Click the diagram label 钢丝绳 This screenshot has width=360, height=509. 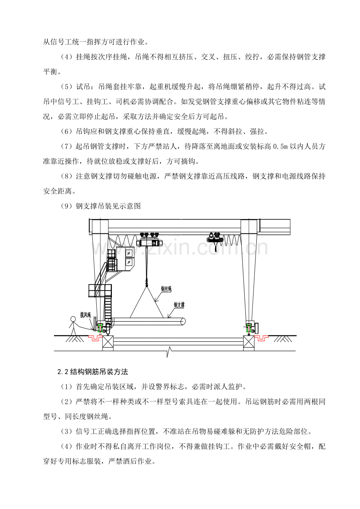166,289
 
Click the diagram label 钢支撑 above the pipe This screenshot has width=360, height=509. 179,305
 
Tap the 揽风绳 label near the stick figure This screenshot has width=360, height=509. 86,315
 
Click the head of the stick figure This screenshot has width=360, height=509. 73,319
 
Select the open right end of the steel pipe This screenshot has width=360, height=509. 183,321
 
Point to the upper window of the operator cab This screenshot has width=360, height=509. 129,253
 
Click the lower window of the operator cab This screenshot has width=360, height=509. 129,262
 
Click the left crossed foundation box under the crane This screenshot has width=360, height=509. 108,343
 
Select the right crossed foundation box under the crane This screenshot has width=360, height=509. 249,343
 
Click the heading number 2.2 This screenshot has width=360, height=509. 63,372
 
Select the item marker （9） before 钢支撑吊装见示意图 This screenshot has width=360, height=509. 67,206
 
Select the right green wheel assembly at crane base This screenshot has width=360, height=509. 248,328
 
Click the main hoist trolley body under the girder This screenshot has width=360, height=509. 149,243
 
